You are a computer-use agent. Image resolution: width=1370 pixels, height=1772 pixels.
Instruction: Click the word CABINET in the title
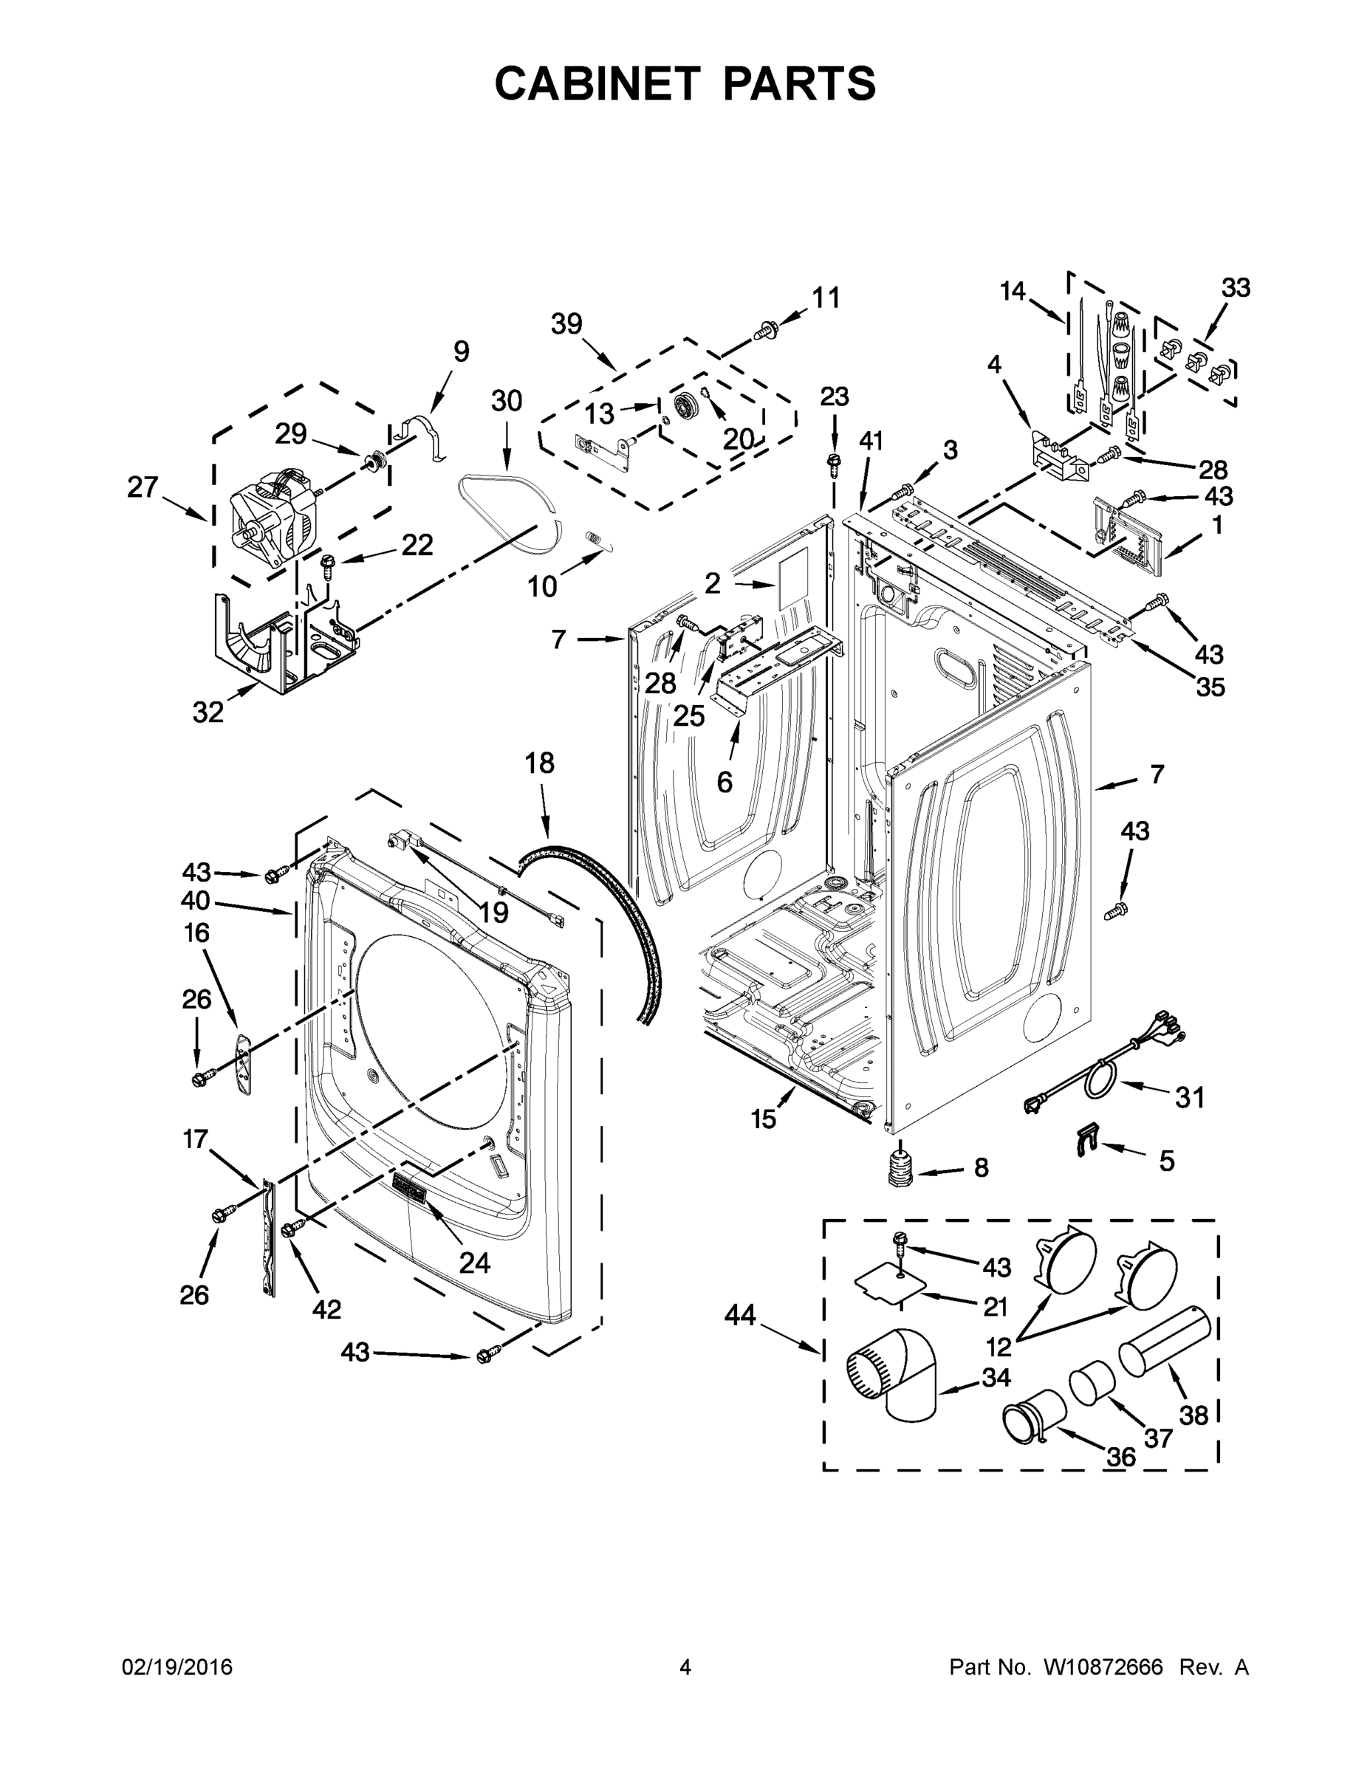[597, 83]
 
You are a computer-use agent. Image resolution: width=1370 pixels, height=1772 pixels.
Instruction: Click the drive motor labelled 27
[271, 520]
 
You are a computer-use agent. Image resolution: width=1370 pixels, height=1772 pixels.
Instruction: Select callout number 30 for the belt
[507, 402]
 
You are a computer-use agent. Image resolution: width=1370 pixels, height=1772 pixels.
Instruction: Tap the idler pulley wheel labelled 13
[687, 403]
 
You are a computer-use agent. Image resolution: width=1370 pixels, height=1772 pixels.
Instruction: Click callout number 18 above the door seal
[540, 763]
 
